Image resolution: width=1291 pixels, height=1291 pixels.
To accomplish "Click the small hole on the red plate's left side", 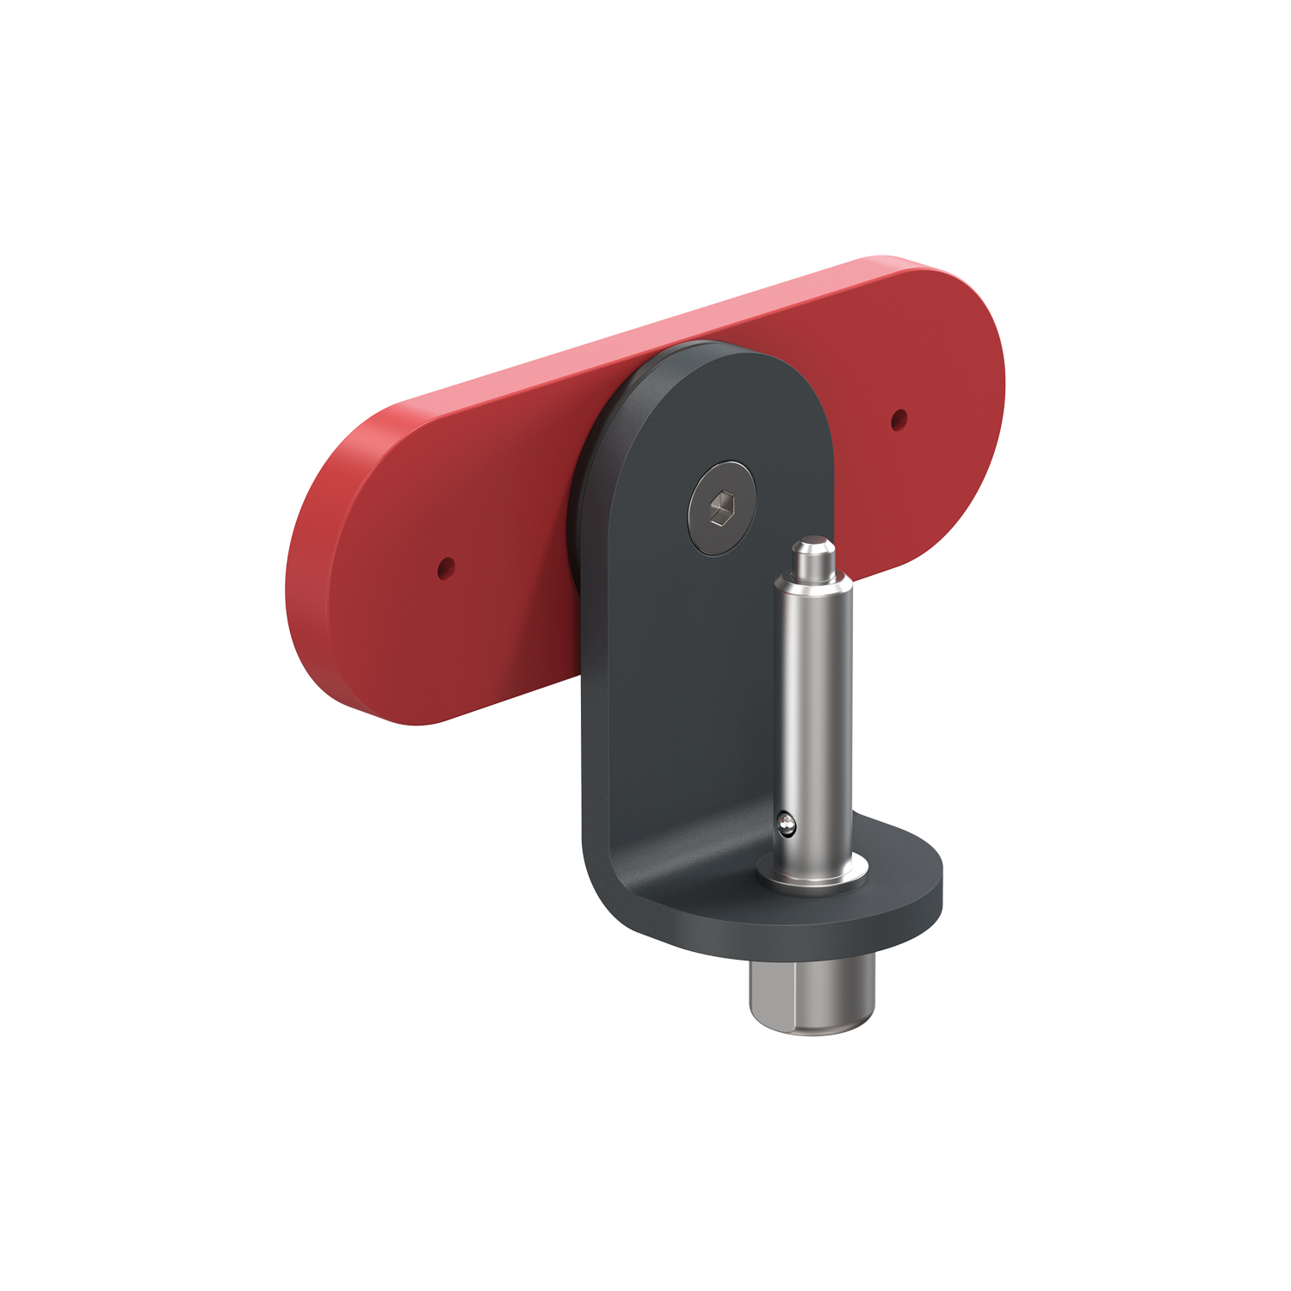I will [446, 568].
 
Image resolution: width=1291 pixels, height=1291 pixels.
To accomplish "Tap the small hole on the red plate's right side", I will [899, 419].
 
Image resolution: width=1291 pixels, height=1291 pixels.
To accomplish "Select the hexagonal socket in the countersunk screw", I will [721, 508].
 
